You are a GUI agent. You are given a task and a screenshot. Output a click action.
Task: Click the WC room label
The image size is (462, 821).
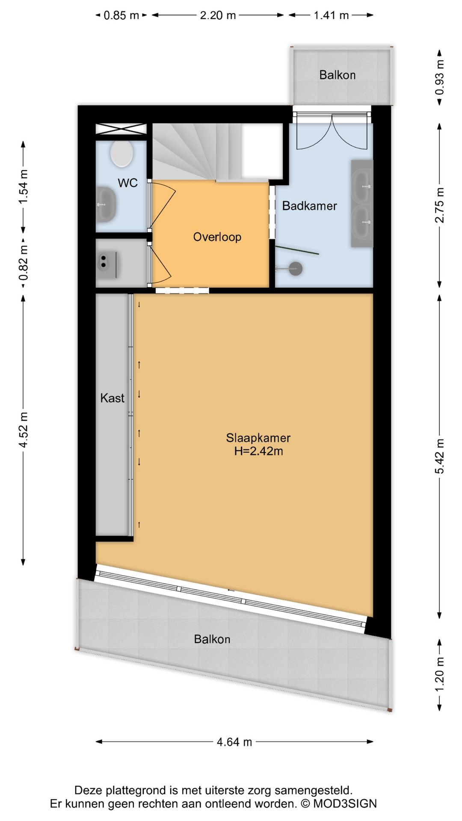(127, 183)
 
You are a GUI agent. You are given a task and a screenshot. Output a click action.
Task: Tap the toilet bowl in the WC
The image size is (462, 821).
(122, 154)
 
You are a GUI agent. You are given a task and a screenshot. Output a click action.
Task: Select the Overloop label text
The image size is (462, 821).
(217, 237)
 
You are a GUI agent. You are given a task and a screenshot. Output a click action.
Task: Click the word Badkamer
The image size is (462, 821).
(309, 206)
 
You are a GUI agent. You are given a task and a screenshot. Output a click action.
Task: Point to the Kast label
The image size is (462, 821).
(112, 398)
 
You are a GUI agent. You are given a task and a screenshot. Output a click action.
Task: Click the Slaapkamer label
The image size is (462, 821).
(258, 438)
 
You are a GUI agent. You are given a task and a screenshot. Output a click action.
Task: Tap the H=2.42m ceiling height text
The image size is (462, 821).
(258, 451)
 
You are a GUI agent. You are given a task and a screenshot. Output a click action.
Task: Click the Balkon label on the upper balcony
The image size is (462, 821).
(338, 75)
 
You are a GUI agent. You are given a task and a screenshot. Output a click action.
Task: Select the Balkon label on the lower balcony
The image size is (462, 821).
(212, 639)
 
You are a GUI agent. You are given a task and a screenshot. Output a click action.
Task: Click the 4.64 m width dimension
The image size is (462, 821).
(234, 742)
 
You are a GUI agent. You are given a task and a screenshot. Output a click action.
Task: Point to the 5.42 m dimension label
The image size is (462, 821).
(440, 456)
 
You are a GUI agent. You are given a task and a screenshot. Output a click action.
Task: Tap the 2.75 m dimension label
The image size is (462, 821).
(440, 205)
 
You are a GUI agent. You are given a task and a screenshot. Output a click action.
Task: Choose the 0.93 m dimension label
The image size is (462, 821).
(440, 77)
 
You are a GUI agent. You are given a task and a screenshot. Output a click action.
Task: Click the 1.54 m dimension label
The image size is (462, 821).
(24, 187)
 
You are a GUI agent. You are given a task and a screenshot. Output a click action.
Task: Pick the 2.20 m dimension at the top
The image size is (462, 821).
(218, 15)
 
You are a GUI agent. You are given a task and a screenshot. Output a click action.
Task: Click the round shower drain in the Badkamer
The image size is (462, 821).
(296, 269)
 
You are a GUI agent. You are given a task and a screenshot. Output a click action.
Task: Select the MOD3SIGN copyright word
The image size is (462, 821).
(345, 803)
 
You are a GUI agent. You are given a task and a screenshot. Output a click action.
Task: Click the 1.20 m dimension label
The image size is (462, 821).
(440, 675)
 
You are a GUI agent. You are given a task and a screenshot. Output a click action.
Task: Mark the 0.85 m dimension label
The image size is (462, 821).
(121, 15)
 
